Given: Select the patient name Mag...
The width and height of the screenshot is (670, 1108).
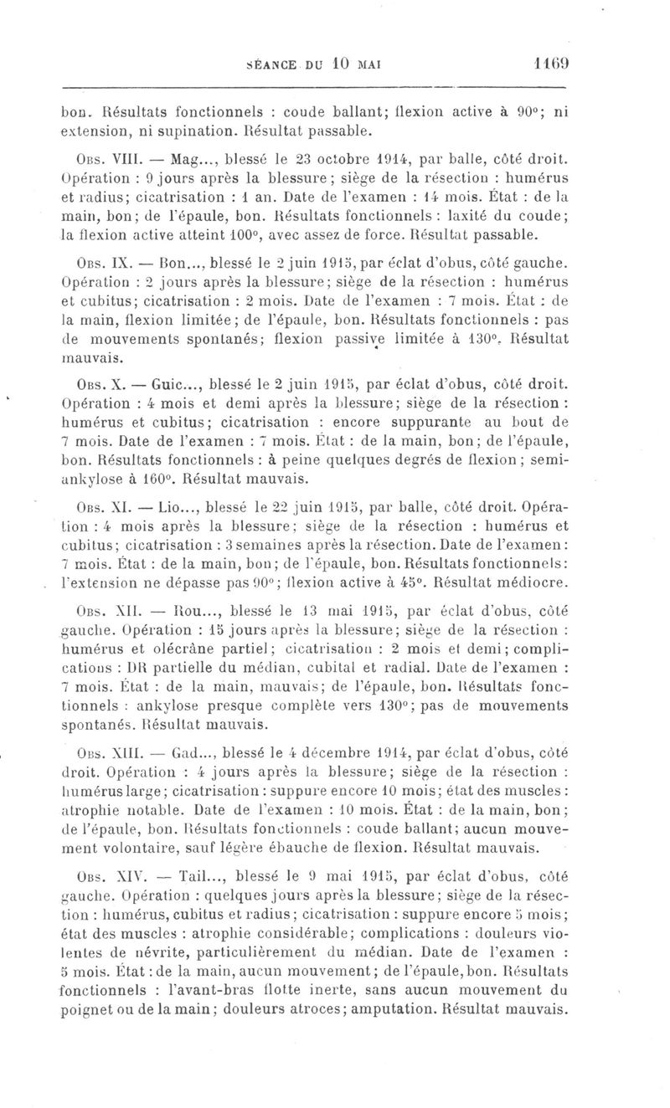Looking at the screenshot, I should click(188, 156).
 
